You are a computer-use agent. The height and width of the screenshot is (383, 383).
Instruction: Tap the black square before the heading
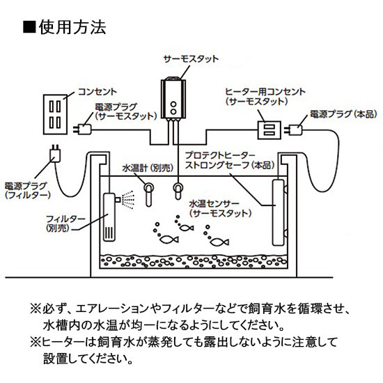click(x=29, y=28)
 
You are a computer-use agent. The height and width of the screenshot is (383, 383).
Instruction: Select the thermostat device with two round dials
click(x=172, y=98)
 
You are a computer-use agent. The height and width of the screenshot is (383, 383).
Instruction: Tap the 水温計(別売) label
click(x=149, y=168)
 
